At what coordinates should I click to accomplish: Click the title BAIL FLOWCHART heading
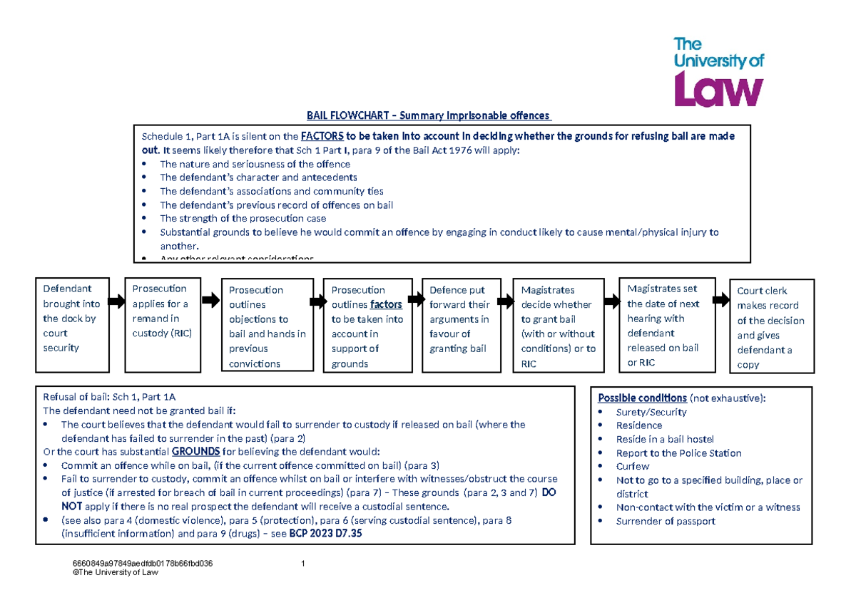[x=428, y=115]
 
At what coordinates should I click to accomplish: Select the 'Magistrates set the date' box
[x=667, y=325]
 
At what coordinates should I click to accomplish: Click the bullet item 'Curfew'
[x=633, y=466]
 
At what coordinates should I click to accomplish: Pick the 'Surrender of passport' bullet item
[x=666, y=521]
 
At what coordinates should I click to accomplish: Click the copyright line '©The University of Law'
[x=111, y=572]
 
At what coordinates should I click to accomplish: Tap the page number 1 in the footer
[x=304, y=564]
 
